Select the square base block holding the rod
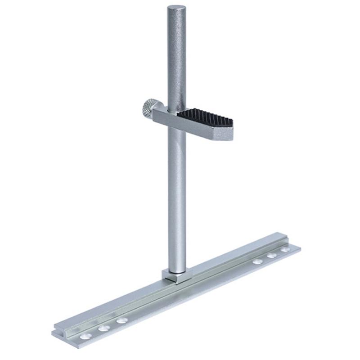175,276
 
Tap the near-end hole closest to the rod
121,320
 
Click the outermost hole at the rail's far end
285,249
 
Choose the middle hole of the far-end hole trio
272,255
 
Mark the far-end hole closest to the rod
257,261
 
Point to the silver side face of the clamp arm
193,128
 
